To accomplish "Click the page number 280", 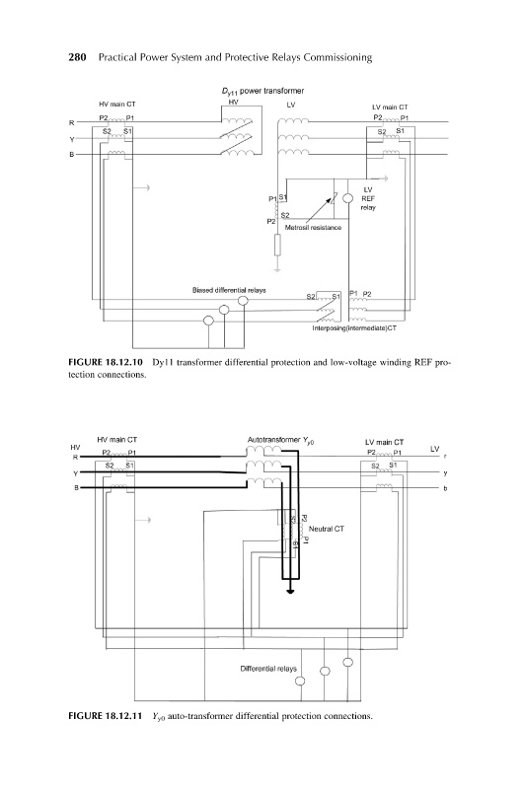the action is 77,57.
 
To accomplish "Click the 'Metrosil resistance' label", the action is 313,228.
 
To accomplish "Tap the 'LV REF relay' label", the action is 368,198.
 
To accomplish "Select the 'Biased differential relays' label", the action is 229,290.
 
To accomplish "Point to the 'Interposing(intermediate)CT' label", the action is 354,328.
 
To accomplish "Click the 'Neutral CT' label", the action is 327,529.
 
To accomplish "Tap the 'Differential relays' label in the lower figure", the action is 268,669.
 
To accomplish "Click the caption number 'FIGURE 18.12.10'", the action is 106,362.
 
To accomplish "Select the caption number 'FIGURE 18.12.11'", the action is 106,716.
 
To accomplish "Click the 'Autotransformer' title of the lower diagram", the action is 273,440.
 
